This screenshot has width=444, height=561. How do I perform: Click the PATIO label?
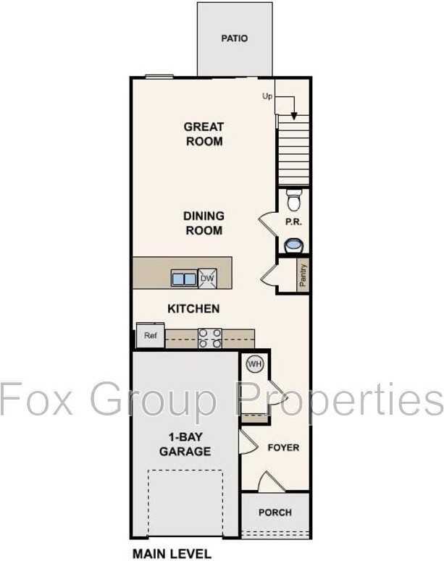234,38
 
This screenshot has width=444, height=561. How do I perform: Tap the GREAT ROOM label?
204,134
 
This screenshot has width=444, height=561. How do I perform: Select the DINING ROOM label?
204,223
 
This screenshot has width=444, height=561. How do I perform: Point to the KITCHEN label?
193,308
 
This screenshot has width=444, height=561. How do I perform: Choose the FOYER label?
283,447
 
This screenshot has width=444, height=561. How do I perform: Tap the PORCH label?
275,513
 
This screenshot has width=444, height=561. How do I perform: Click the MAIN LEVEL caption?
171,554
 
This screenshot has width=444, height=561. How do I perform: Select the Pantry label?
303,276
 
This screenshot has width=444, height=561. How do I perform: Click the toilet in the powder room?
293,198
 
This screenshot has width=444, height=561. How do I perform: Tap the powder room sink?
293,245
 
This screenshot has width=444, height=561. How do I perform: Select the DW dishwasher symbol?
207,277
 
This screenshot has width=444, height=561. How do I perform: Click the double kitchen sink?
183,277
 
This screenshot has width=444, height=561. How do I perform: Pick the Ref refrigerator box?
151,336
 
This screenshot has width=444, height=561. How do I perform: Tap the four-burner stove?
210,338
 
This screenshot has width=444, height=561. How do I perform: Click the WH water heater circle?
254,364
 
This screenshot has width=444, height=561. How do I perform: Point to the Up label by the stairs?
267,96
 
